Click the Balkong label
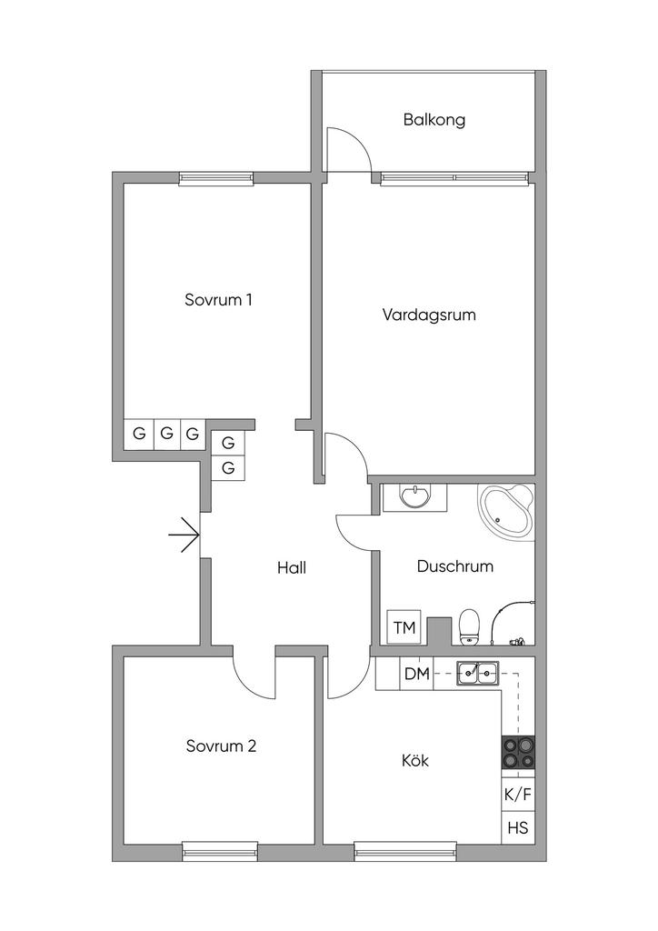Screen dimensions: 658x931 click(434, 119)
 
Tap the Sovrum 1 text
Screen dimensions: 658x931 click(218, 299)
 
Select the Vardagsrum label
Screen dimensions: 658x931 click(429, 315)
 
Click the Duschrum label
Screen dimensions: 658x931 click(454, 566)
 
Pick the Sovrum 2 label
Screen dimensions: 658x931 click(221, 746)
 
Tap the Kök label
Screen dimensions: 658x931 click(415, 760)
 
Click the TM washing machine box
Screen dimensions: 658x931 click(404, 627)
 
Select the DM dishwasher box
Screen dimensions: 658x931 click(417, 674)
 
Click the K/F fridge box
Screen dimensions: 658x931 click(517, 794)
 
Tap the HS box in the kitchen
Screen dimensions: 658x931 click(517, 828)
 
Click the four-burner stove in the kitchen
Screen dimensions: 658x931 click(517, 754)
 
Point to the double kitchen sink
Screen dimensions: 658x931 click(477, 674)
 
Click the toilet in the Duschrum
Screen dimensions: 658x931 click(469, 626)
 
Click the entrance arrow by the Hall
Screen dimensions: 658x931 click(184, 536)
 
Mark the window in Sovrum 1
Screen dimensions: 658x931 click(215, 178)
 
